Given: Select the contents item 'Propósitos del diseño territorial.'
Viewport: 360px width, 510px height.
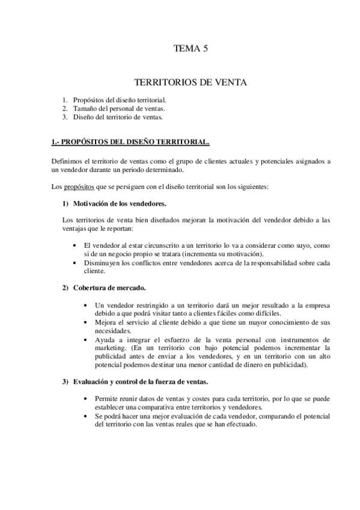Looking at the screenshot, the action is pyautogui.click(x=120, y=99).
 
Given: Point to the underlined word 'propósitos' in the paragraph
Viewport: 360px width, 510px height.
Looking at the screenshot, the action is pyautogui.click(x=81, y=186).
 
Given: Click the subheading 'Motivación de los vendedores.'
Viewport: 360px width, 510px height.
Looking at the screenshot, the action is pyautogui.click(x=120, y=203).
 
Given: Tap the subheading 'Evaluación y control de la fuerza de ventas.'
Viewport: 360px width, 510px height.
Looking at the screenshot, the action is pyautogui.click(x=142, y=381).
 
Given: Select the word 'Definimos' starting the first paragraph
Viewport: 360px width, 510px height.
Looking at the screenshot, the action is pyautogui.click(x=69, y=161).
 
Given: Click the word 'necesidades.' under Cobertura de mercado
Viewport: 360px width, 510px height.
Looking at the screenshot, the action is pyautogui.click(x=113, y=331).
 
